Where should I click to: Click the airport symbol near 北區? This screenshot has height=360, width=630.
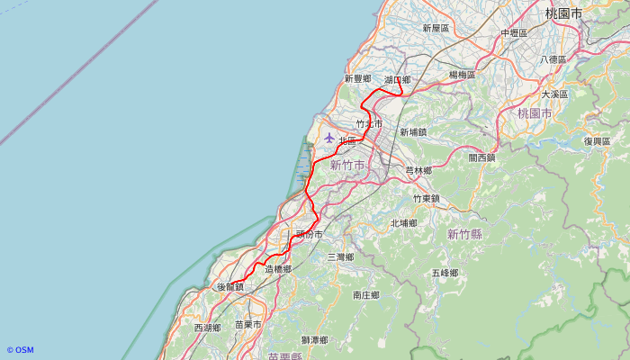point(328,138)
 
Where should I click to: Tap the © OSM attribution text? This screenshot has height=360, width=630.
point(20,350)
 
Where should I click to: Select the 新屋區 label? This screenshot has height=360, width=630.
point(436,29)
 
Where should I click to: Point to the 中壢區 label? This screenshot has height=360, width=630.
point(514,33)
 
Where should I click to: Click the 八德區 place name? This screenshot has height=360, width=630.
point(553,59)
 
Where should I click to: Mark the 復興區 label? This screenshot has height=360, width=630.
point(596,141)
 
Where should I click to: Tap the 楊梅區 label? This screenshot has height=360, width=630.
point(463,75)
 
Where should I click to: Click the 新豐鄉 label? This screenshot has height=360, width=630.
point(357,79)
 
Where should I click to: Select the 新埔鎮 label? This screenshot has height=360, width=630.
point(414,132)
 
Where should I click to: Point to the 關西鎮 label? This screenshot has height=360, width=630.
point(481,157)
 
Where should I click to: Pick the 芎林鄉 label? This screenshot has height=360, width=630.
point(418,170)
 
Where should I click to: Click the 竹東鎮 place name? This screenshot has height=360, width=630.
point(427,198)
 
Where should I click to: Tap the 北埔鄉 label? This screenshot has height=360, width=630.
point(404,222)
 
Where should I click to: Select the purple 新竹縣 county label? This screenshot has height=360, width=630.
point(464,234)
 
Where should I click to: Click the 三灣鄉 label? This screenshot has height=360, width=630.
point(340,257)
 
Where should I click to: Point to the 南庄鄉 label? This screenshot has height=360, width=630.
point(366,294)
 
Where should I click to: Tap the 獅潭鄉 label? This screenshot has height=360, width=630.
point(314,339)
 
